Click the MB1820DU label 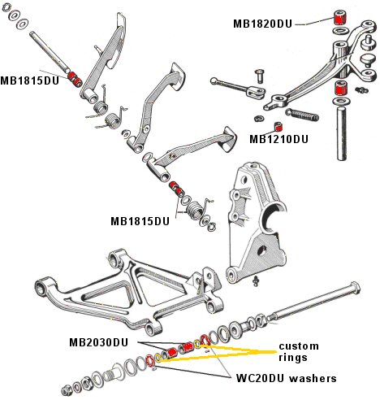tap(262, 24)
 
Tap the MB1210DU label tap(279, 139)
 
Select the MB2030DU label tap(98, 342)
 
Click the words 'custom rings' tap(298, 352)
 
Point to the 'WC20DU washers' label tap(287, 378)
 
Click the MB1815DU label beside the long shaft tap(29, 80)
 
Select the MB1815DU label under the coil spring tap(140, 221)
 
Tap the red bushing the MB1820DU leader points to tap(340, 18)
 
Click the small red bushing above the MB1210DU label tap(279, 126)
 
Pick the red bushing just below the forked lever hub tap(341, 88)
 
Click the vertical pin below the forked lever tap(342, 133)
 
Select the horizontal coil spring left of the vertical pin tap(302, 115)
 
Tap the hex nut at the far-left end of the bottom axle tap(66, 390)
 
